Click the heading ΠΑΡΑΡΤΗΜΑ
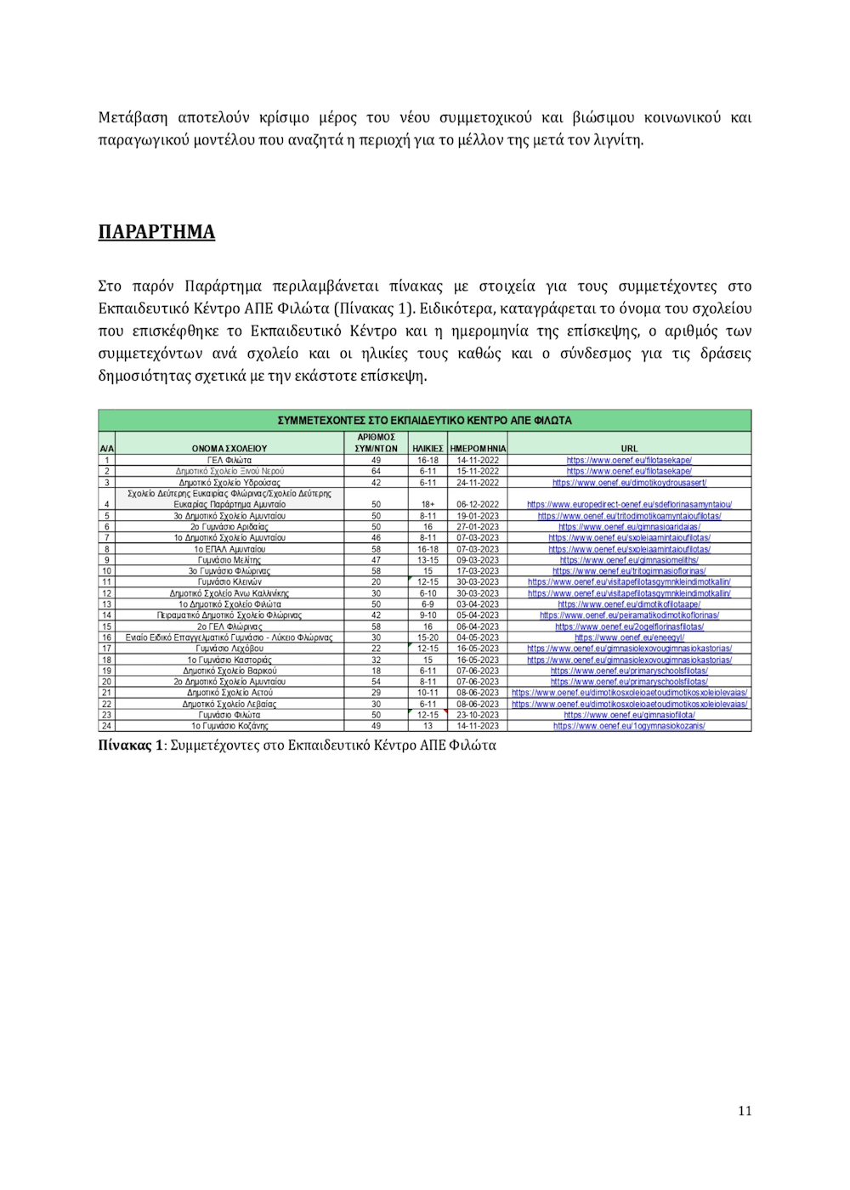click(x=156, y=232)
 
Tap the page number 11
click(x=745, y=1110)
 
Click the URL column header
click(x=629, y=448)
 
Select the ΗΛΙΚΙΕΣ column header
click(x=428, y=448)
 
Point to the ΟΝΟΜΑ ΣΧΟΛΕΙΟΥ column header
click(x=229, y=448)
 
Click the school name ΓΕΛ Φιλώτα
click(x=229, y=460)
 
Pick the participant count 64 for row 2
click(x=376, y=471)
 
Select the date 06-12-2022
click(x=478, y=504)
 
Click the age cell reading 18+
click(x=428, y=504)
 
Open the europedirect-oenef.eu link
click(x=629, y=504)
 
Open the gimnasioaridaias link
click(x=629, y=527)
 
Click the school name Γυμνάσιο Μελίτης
click(x=229, y=560)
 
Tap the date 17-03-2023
click(x=478, y=571)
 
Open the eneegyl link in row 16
click(x=629, y=637)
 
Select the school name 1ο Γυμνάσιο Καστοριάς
click(x=229, y=660)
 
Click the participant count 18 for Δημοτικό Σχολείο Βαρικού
click(x=376, y=671)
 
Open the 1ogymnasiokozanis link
click(x=629, y=726)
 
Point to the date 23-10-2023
click(x=478, y=715)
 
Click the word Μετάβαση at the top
click(x=133, y=117)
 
